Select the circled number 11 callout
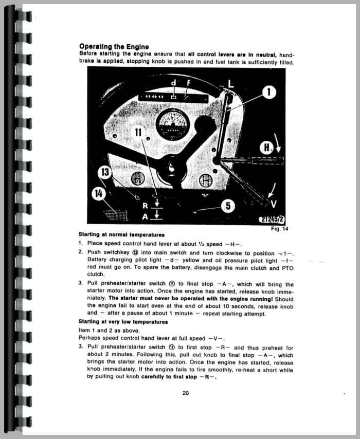(139, 133)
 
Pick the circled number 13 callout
(104, 172)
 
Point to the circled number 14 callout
(98, 194)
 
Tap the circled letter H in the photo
(266, 148)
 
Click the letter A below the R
(145, 216)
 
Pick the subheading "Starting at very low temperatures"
(116, 322)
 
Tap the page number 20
(186, 394)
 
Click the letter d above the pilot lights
(173, 83)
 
